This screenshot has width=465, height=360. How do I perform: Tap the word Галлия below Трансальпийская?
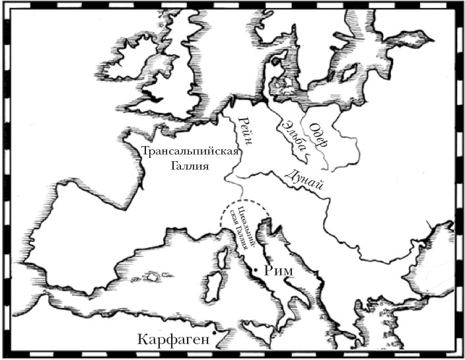click(189, 166)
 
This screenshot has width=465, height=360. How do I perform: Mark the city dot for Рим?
click(255, 270)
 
